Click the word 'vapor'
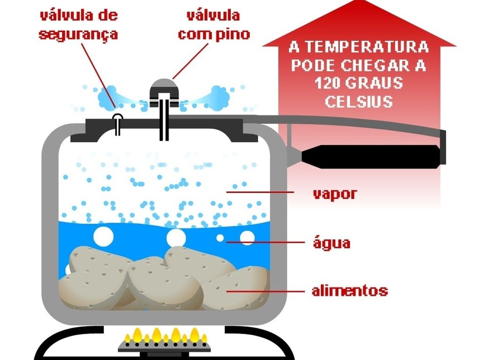(x=334, y=194)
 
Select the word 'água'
(x=331, y=243)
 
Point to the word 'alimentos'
(x=350, y=291)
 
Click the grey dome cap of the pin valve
(x=163, y=87)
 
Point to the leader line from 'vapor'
(x=262, y=192)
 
